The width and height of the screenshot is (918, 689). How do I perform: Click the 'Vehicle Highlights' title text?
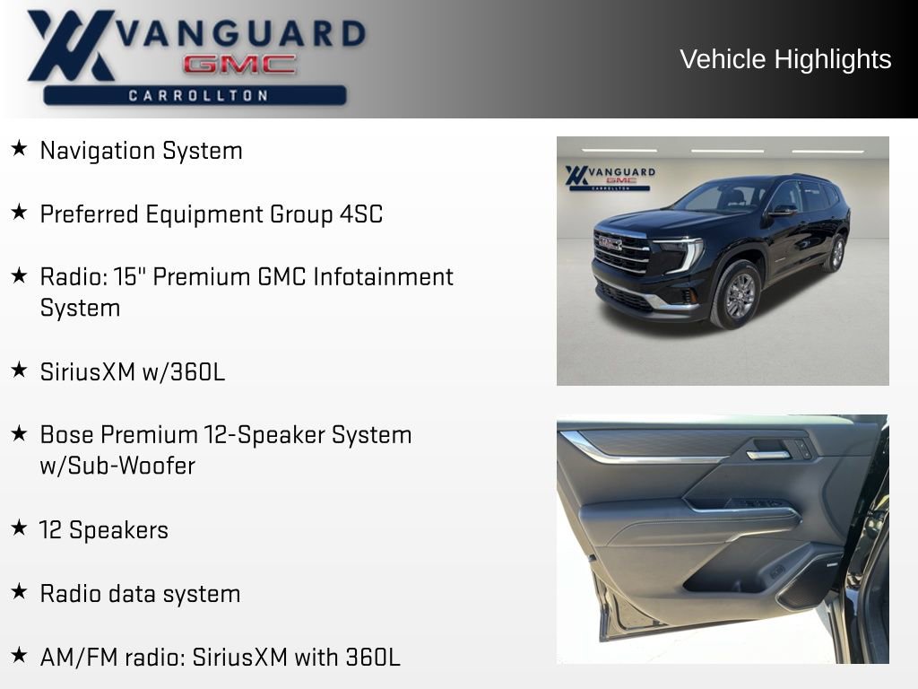click(x=785, y=59)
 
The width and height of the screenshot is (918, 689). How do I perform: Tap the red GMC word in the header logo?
click(x=239, y=65)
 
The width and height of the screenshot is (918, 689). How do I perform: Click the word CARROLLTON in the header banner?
click(x=198, y=95)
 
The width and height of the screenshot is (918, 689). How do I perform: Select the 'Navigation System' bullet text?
click(x=141, y=151)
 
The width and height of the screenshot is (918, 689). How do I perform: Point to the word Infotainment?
click(x=383, y=276)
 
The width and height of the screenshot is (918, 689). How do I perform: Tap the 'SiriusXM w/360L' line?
click(x=132, y=371)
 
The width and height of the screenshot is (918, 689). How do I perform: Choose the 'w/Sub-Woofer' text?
click(x=117, y=466)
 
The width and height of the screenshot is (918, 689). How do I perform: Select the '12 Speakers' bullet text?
click(x=104, y=530)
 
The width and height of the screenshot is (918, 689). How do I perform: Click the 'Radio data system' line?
click(x=140, y=594)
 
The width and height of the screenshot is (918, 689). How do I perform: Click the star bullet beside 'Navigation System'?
click(x=19, y=149)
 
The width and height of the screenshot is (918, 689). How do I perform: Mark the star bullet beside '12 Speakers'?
click(x=19, y=528)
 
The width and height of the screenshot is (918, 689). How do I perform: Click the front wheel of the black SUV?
click(x=738, y=295)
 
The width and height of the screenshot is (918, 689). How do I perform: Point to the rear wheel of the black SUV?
click(x=835, y=253)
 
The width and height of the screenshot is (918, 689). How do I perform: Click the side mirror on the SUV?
click(x=782, y=211)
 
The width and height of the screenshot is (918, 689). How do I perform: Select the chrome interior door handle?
click(x=768, y=455)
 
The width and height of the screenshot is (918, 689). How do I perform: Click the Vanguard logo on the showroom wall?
click(x=610, y=177)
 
